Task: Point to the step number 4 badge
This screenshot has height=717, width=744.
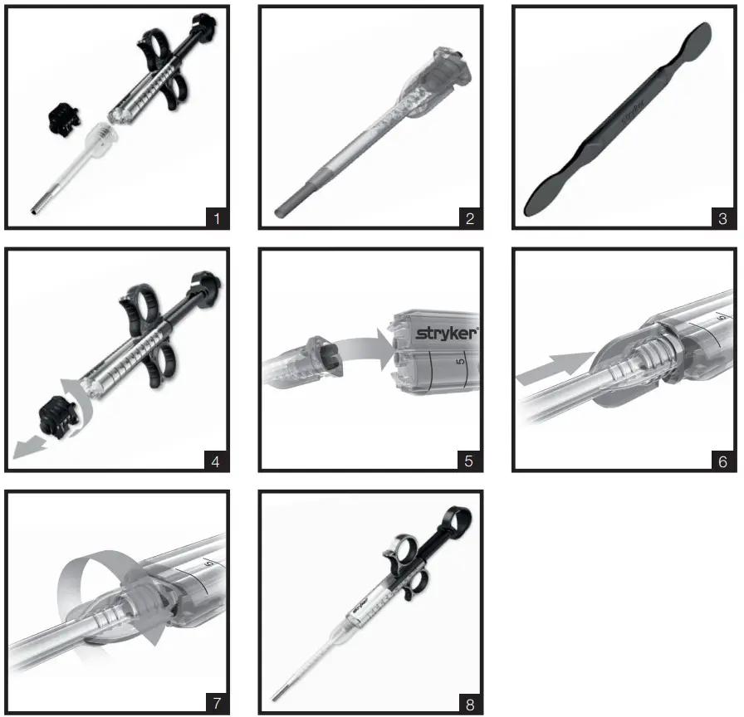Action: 217,460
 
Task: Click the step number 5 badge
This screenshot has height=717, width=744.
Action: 470,460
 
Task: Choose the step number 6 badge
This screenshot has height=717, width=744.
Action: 723,460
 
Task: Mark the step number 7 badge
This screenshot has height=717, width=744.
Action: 217,703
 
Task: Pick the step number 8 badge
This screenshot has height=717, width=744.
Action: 470,703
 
